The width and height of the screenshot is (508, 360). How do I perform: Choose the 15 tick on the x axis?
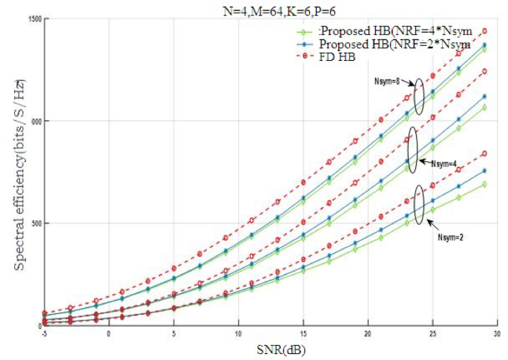click(303, 333)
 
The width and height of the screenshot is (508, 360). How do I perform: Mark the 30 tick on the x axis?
click(497, 333)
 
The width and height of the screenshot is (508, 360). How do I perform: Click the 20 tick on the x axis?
click(368, 333)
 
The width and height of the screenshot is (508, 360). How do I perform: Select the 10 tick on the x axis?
click(238, 333)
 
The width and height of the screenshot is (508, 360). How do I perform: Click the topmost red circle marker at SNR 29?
click(484, 31)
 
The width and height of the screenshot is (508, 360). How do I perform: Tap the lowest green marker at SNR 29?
click(484, 184)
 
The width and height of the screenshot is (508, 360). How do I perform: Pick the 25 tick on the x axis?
click(432, 333)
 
